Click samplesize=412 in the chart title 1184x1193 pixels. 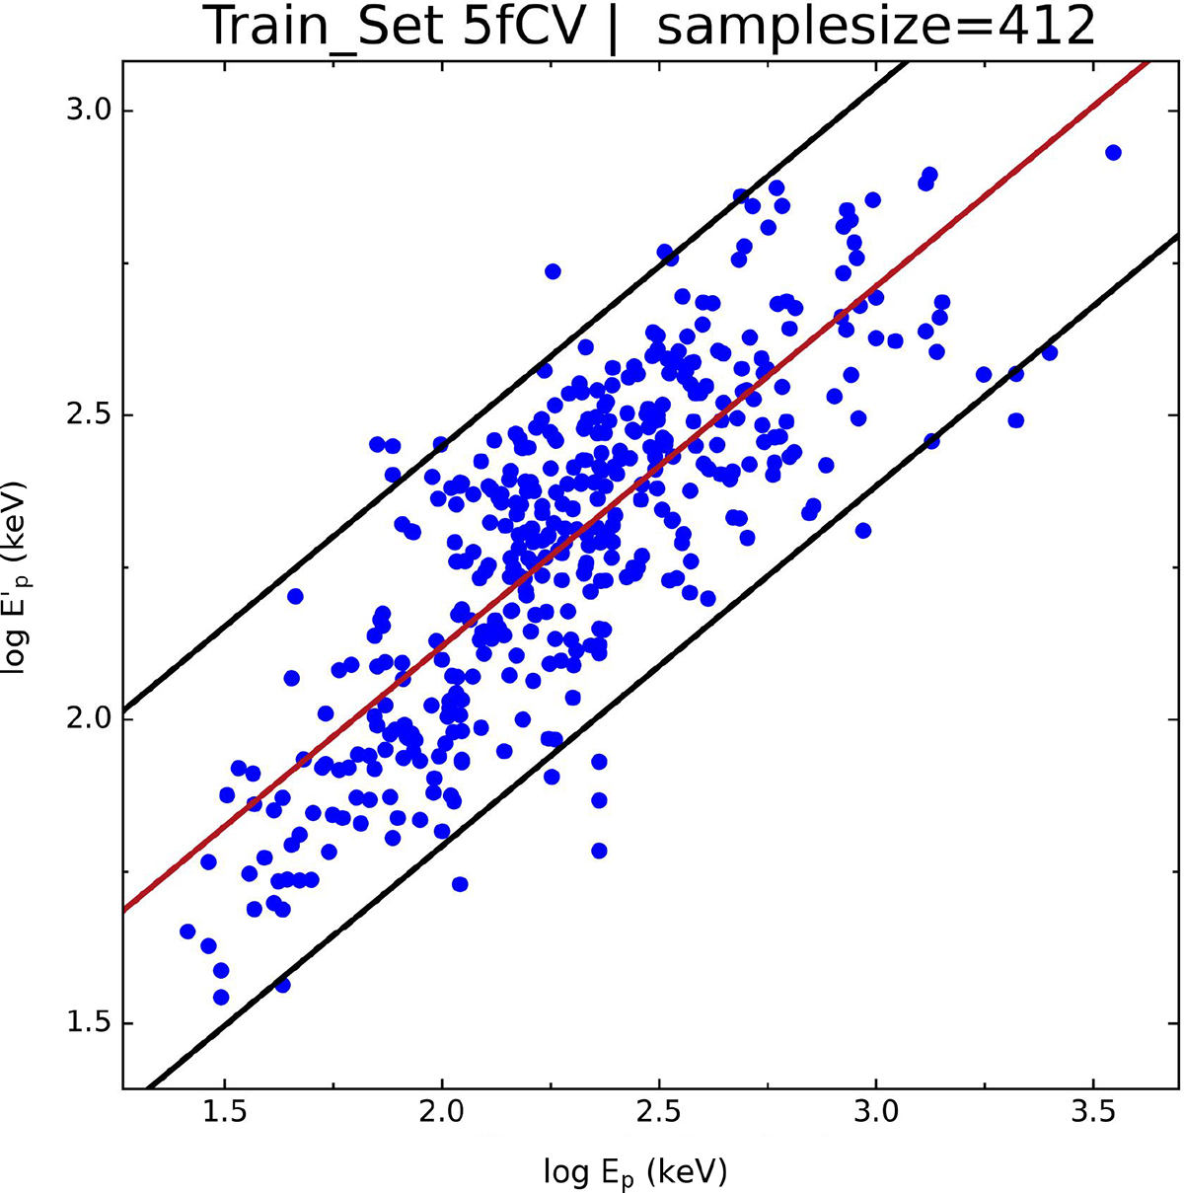pyautogui.click(x=876, y=29)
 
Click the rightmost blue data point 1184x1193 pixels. pyautogui.click(x=1113, y=152)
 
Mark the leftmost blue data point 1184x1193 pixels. pyautogui.click(x=187, y=931)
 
